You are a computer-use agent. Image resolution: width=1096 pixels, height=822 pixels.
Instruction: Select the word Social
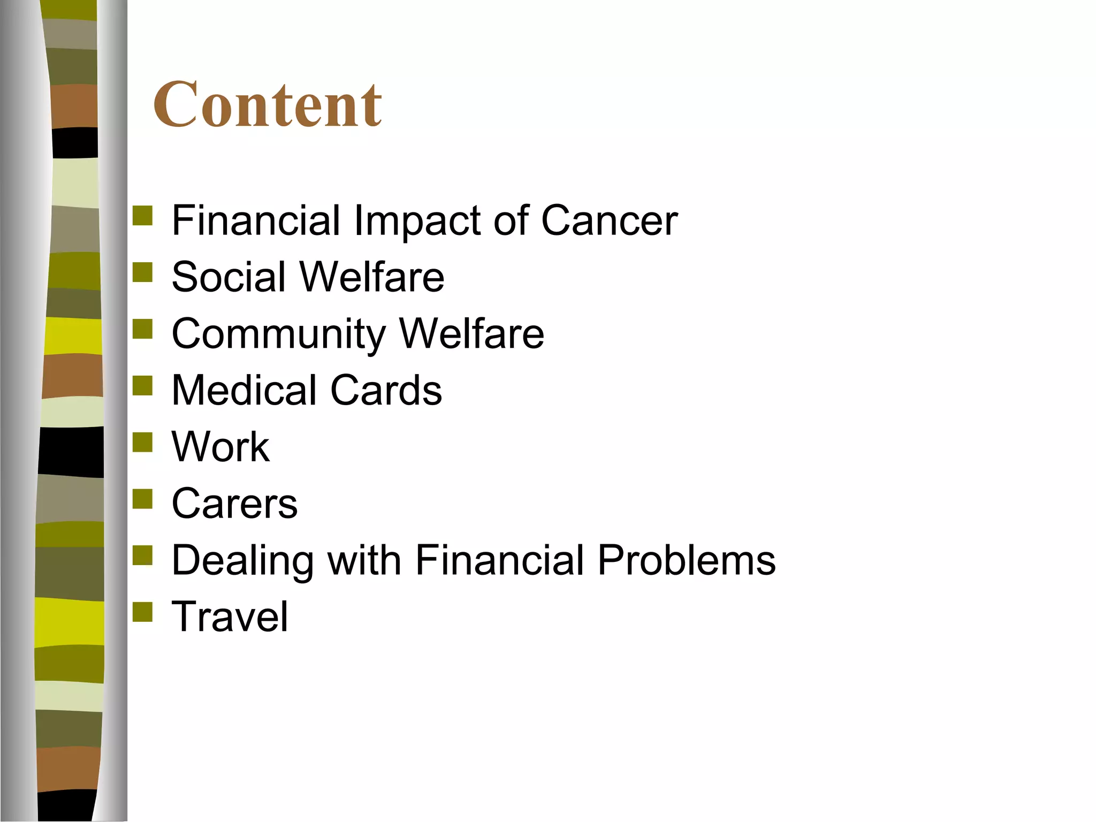coord(229,277)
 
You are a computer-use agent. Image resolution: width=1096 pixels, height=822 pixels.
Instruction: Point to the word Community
coord(278,334)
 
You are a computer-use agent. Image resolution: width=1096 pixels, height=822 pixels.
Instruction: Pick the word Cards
coord(386,390)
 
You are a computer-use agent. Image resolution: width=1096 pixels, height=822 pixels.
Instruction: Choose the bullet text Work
coord(220,447)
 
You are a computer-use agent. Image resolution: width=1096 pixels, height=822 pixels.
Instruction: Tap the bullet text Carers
coord(234,504)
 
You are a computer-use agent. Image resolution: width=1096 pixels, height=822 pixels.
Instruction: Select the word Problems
coord(686,560)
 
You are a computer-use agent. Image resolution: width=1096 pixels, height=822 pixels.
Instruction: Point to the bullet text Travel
coord(230,616)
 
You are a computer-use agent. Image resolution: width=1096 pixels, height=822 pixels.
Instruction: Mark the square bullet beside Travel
coord(142,612)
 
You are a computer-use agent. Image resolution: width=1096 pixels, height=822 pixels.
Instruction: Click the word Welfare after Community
coord(471,333)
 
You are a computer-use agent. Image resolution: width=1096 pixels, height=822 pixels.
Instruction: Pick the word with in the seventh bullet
coord(364,560)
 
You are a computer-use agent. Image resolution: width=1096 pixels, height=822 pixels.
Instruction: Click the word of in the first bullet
coord(510,220)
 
